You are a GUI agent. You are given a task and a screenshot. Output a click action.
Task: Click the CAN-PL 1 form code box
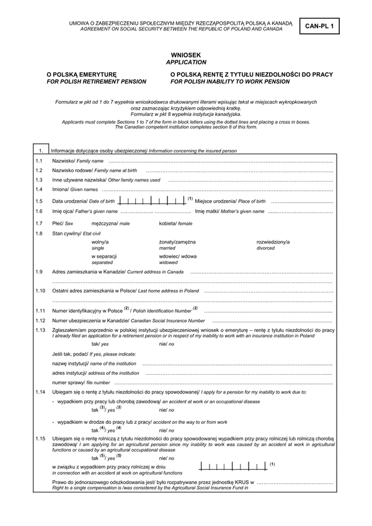pyautogui.click(x=323, y=26)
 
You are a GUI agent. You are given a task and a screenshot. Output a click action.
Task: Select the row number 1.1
pyautogui.click(x=39, y=160)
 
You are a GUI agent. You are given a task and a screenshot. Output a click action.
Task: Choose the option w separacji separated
pyautogui.click(x=104, y=259)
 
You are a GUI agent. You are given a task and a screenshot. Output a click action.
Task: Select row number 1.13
pyautogui.click(x=40, y=330)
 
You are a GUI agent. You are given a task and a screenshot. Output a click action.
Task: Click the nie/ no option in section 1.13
pyautogui.click(x=166, y=343)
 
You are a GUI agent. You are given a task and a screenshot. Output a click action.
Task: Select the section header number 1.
pyautogui.click(x=40, y=151)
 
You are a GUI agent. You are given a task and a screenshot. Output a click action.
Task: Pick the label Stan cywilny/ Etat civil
pyautogui.click(x=72, y=233)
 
